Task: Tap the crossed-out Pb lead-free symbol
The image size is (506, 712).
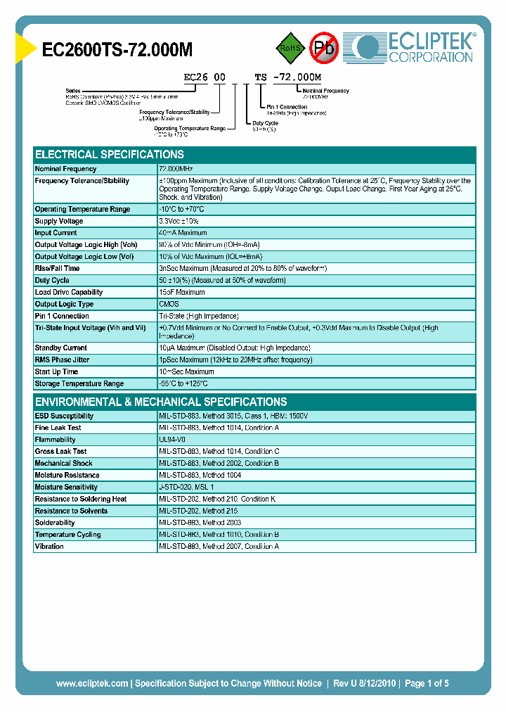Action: click(x=325, y=49)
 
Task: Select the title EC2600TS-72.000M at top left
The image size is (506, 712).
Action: click(x=117, y=49)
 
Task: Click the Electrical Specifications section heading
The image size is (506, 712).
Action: click(x=110, y=155)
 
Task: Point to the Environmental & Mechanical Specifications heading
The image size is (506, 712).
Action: click(x=161, y=402)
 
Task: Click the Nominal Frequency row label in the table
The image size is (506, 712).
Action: click(x=65, y=170)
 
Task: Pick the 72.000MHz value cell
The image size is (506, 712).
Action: click(x=176, y=170)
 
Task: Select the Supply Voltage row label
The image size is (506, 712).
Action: click(x=59, y=221)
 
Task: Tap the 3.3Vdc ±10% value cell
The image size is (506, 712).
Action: click(x=180, y=221)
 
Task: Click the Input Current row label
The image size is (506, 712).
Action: click(x=56, y=233)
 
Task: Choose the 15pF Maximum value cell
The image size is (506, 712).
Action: click(x=182, y=292)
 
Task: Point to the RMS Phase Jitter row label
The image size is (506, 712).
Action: click(x=63, y=360)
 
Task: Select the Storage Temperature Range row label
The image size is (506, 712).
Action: click(x=79, y=383)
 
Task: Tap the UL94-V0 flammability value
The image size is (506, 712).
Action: click(x=172, y=440)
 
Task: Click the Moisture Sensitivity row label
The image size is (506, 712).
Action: click(x=66, y=487)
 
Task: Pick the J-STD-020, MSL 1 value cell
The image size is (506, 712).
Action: click(x=186, y=487)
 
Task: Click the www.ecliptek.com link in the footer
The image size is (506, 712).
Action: click(x=92, y=683)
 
